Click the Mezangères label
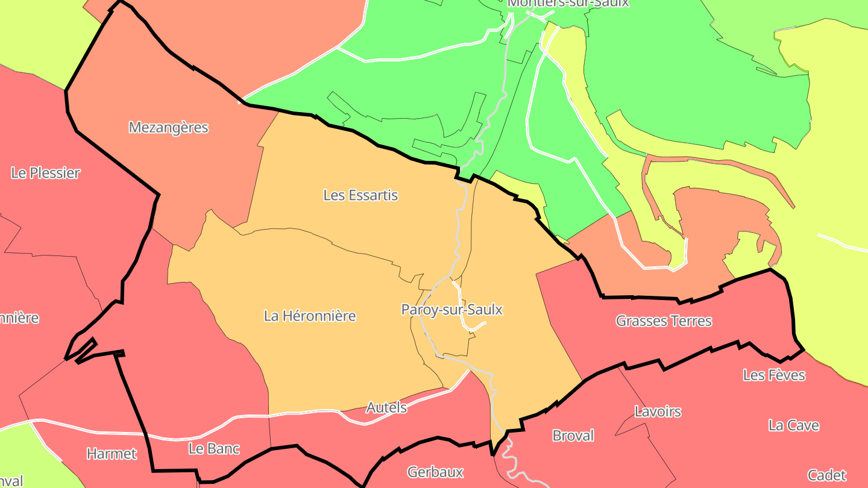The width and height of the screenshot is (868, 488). [168, 128]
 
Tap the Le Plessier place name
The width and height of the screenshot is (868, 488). [45, 173]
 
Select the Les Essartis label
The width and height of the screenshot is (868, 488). [360, 195]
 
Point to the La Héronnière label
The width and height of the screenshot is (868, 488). [310, 316]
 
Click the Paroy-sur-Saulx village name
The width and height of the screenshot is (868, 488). [451, 310]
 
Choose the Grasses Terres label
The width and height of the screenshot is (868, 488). [664, 321]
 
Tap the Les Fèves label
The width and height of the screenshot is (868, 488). [774, 375]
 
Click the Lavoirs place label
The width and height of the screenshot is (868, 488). [658, 411]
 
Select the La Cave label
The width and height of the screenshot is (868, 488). [793, 425]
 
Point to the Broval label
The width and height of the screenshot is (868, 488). [573, 435]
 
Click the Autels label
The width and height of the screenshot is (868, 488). [386, 407]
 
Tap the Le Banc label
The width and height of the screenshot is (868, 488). [214, 448]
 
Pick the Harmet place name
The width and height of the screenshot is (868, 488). [112, 454]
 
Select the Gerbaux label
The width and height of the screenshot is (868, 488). [435, 472]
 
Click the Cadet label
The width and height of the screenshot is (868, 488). [827, 475]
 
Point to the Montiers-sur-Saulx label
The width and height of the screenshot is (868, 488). [568, 3]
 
